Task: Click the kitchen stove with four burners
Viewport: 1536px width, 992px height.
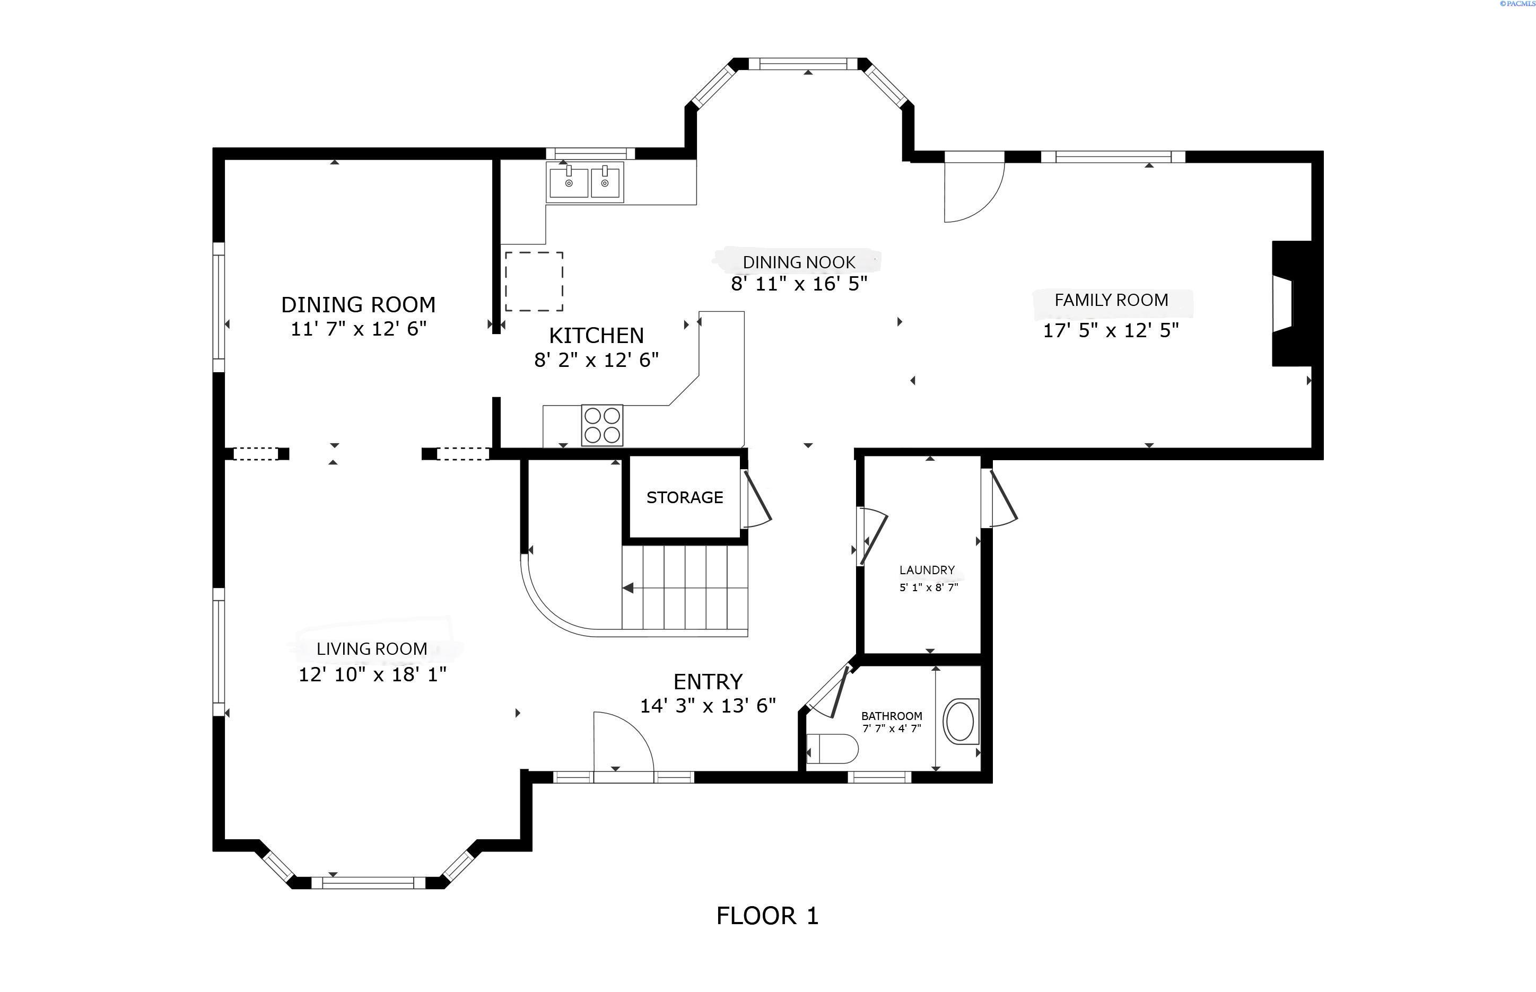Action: (602, 425)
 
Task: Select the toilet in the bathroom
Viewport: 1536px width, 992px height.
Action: (832, 749)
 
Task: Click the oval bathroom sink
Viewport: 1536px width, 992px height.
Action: (961, 722)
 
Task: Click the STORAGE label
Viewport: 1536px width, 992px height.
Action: (684, 497)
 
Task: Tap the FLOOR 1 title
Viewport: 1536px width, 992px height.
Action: (767, 915)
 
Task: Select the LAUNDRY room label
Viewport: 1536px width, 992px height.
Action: (927, 570)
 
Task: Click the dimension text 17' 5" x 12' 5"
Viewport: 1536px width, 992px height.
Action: (1111, 330)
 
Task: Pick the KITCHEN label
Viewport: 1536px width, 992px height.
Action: (596, 335)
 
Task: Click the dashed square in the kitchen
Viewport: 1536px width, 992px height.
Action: (534, 282)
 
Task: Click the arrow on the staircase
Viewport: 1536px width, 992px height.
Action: (627, 588)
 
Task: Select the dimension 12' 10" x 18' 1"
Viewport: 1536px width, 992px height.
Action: (372, 674)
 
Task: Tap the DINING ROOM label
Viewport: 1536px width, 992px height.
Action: (358, 304)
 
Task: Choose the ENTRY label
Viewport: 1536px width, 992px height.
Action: (708, 681)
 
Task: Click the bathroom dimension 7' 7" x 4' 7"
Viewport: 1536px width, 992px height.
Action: (892, 728)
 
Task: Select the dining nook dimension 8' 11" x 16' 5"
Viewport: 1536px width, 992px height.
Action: (799, 284)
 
